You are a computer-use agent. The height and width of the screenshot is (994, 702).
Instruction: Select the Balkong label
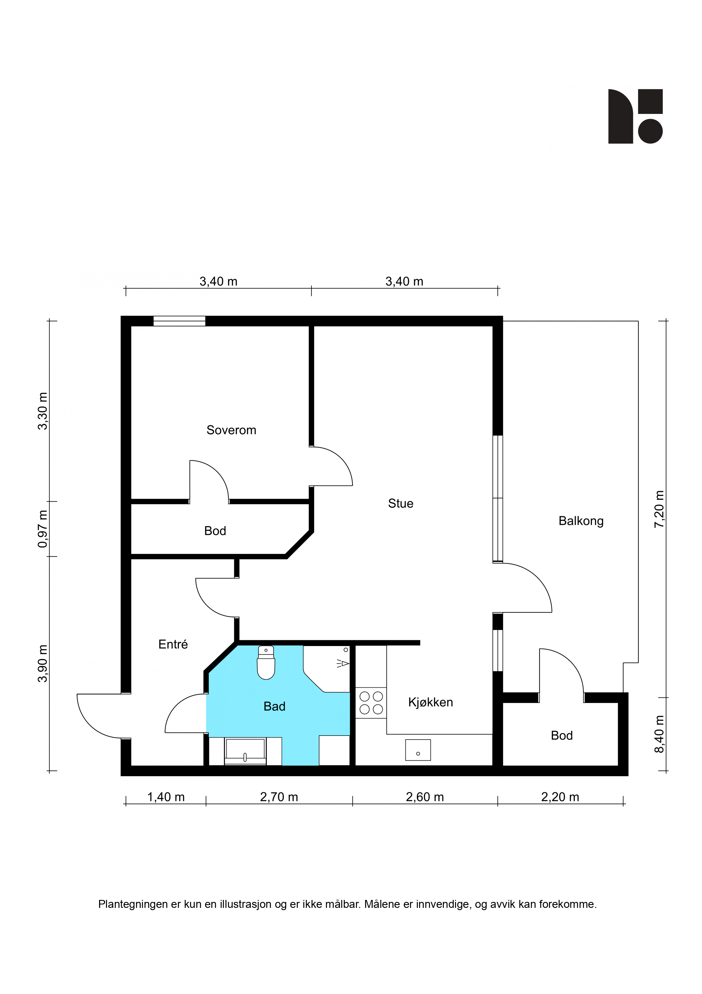[581, 521]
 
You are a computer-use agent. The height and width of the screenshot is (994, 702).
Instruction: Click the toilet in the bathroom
[266, 663]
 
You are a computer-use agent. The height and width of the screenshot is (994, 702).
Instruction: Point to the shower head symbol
[343, 663]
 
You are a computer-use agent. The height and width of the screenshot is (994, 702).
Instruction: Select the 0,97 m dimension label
[42, 529]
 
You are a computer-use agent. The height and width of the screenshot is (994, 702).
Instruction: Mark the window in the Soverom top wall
[179, 321]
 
